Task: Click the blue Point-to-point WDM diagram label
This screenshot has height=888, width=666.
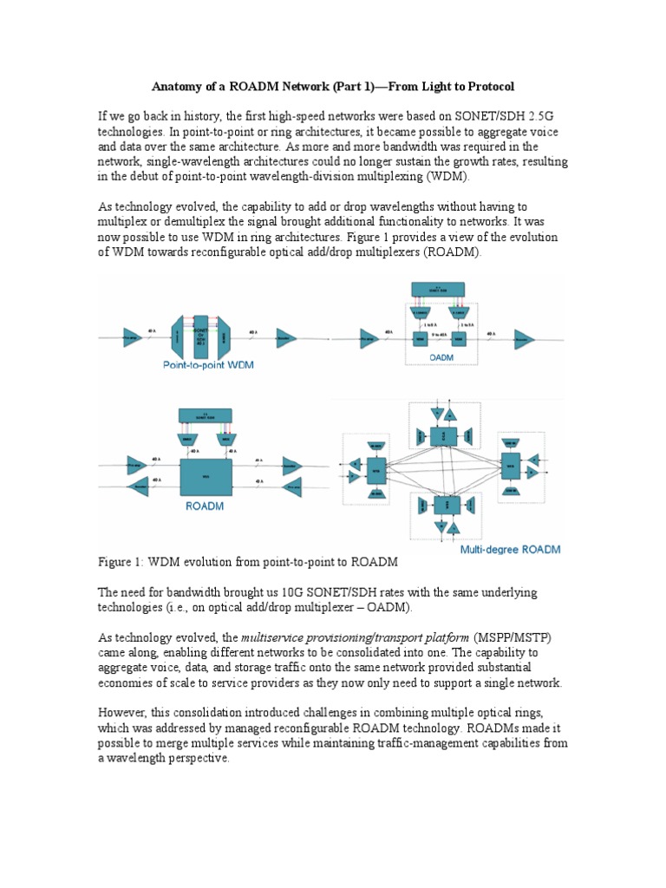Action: [208, 365]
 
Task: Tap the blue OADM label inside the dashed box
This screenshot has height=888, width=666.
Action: [443, 355]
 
